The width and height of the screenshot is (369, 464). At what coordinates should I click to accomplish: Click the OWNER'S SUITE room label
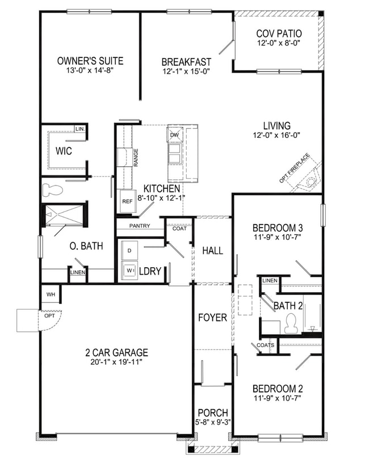[90, 61]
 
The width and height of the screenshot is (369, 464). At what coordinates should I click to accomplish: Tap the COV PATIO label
[278, 33]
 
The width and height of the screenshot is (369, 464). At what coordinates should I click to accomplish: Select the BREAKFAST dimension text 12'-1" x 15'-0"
[186, 71]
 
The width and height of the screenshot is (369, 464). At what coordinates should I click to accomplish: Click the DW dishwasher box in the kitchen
[174, 135]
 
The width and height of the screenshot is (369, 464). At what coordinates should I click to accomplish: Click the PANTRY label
[139, 226]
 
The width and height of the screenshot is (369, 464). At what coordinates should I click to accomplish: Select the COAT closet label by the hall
[179, 229]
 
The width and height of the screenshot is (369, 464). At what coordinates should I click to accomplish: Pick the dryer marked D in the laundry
[129, 250]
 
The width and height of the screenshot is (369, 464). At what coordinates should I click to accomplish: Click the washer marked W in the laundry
[129, 271]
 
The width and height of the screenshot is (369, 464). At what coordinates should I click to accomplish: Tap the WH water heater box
[50, 295]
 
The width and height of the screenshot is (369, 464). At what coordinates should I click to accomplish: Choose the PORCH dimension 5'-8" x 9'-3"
[212, 422]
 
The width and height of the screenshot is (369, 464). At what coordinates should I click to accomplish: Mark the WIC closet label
[63, 151]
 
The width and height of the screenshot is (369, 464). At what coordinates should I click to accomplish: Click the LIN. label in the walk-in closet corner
[80, 129]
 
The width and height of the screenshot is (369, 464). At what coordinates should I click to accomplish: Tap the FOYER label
[212, 318]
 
